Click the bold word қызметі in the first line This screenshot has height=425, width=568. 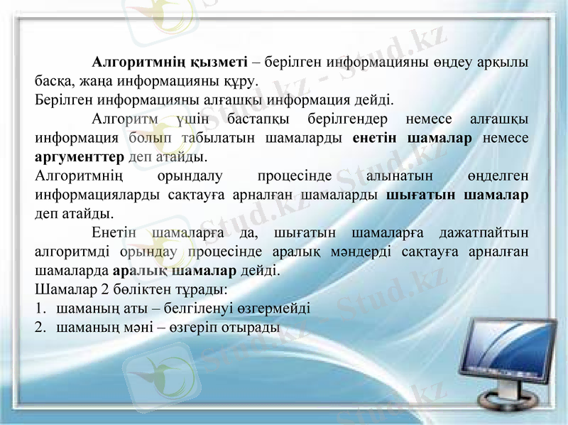215,61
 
